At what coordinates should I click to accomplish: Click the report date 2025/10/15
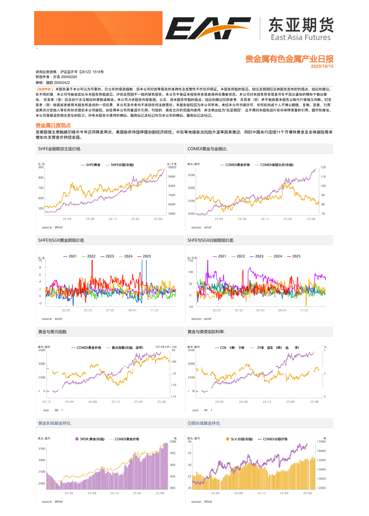pyautogui.click(x=322, y=67)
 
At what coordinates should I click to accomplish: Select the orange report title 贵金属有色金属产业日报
pyautogui.click(x=289, y=59)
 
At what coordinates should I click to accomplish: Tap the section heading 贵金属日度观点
pyautogui.click(x=53, y=125)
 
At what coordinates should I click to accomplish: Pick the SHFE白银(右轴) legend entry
pyautogui.click(x=122, y=165)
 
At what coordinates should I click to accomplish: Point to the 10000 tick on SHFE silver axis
pyautogui.click(x=172, y=168)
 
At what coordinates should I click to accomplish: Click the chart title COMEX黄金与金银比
pyautogui.click(x=207, y=149)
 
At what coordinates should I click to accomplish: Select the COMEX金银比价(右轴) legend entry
pyautogui.click(x=277, y=165)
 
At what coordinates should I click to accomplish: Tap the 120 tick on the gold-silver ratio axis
pyautogui.click(x=323, y=168)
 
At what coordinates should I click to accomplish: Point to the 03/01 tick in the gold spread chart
pyautogui.click(x=66, y=310)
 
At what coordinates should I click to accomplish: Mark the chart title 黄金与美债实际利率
pyautogui.click(x=206, y=332)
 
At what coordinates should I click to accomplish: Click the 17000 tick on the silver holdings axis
pyautogui.click(x=321, y=441)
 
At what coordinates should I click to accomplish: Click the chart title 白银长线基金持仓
pyautogui.click(x=204, y=423)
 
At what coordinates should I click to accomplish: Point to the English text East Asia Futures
pyautogui.click(x=300, y=38)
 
